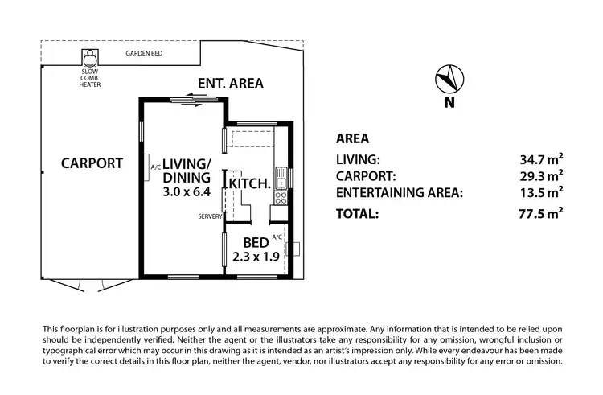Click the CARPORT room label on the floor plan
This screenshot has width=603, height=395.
click(x=92, y=163)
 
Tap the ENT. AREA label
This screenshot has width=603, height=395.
click(x=231, y=83)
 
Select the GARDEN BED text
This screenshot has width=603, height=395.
click(x=146, y=55)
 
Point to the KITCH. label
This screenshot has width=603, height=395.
click(x=249, y=183)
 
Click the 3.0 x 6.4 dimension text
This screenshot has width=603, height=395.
click(x=187, y=192)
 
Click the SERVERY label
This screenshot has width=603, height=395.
click(x=208, y=216)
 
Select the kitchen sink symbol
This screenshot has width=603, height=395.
click(x=281, y=175)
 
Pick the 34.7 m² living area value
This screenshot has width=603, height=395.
click(x=539, y=160)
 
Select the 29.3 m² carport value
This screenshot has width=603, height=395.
click(x=539, y=175)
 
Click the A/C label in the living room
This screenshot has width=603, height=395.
click(x=156, y=167)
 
